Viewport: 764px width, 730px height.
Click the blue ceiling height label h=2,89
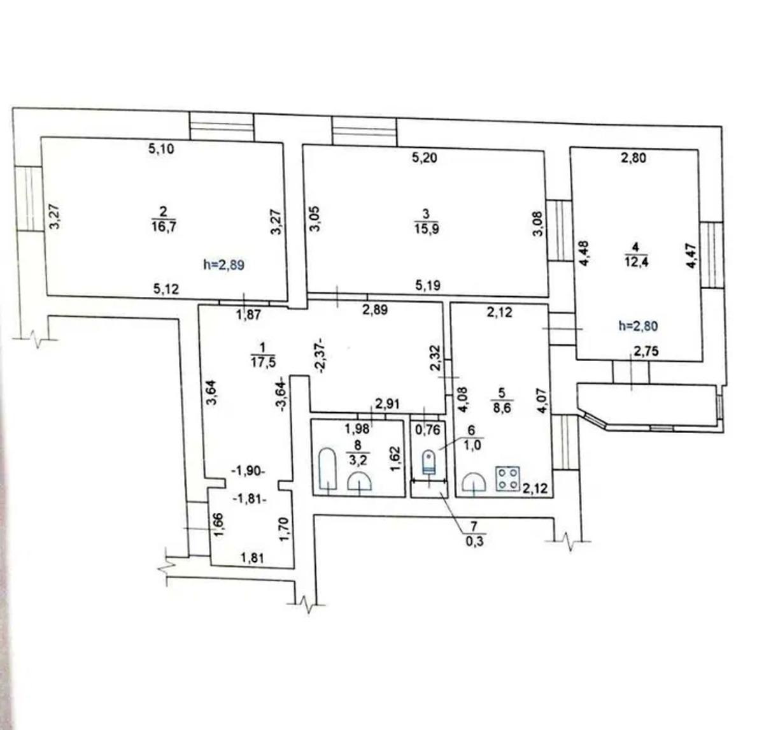click(223, 265)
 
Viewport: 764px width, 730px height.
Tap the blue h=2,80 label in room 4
click(638, 326)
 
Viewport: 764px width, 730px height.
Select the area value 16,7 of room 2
click(164, 227)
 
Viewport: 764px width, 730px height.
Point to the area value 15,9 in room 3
click(427, 229)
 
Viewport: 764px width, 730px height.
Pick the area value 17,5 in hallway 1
click(263, 361)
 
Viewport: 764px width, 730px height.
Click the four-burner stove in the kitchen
click(508, 479)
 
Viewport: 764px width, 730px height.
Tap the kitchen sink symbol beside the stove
click(474, 482)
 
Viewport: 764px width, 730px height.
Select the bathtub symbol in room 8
click(327, 469)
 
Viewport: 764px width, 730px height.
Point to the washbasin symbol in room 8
click(360, 481)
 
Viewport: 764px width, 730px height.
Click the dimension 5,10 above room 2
click(161, 149)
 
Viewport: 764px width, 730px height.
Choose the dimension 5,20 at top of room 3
click(425, 158)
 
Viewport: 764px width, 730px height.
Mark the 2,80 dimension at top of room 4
click(633, 158)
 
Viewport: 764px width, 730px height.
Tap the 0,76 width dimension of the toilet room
click(428, 429)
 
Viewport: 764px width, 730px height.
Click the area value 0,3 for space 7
click(475, 542)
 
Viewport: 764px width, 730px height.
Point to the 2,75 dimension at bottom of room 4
click(646, 351)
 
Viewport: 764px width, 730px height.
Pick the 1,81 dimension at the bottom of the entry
click(253, 557)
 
